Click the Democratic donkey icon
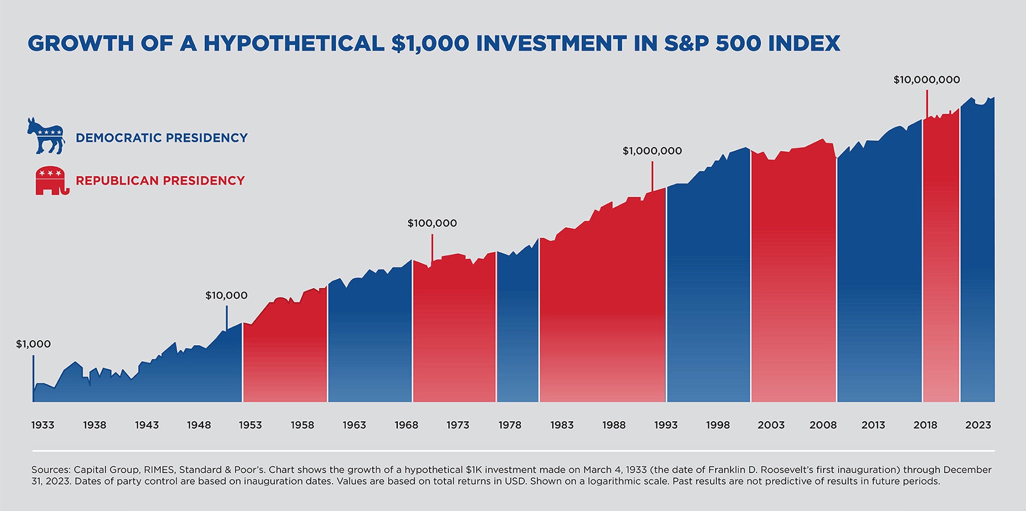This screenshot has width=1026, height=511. (x=45, y=136)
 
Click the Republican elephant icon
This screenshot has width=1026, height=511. (x=51, y=181)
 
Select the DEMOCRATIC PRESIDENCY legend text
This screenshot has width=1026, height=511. (x=161, y=138)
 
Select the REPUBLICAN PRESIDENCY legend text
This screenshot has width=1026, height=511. (x=160, y=181)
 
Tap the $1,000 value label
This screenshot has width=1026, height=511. (x=33, y=344)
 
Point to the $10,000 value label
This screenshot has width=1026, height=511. (x=226, y=295)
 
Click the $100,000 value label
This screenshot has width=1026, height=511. (x=432, y=223)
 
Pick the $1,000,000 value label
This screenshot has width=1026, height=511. (x=652, y=151)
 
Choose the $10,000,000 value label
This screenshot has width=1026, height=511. (x=926, y=80)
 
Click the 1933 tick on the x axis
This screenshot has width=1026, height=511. (x=43, y=425)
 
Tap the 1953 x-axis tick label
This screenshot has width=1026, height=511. (x=250, y=425)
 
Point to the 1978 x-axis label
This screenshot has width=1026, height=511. (x=510, y=425)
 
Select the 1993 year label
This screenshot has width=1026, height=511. (x=666, y=425)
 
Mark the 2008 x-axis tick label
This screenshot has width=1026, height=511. (x=822, y=425)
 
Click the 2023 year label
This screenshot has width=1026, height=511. (x=978, y=425)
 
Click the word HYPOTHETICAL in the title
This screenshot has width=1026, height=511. (x=294, y=44)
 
